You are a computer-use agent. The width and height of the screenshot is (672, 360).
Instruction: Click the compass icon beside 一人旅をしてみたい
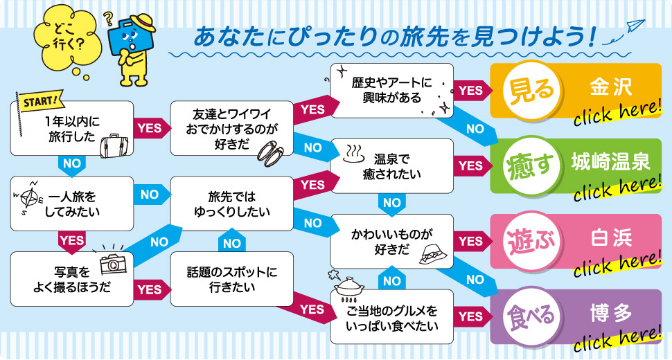29,199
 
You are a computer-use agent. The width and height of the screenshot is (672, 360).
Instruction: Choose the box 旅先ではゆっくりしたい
232,203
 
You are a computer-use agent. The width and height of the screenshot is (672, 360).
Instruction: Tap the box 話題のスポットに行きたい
232,278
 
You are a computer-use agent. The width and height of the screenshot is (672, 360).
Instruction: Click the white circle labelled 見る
532,91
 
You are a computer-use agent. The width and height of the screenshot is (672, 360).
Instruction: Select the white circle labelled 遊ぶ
532,242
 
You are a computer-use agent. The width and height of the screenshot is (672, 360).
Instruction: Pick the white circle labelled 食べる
532,316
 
